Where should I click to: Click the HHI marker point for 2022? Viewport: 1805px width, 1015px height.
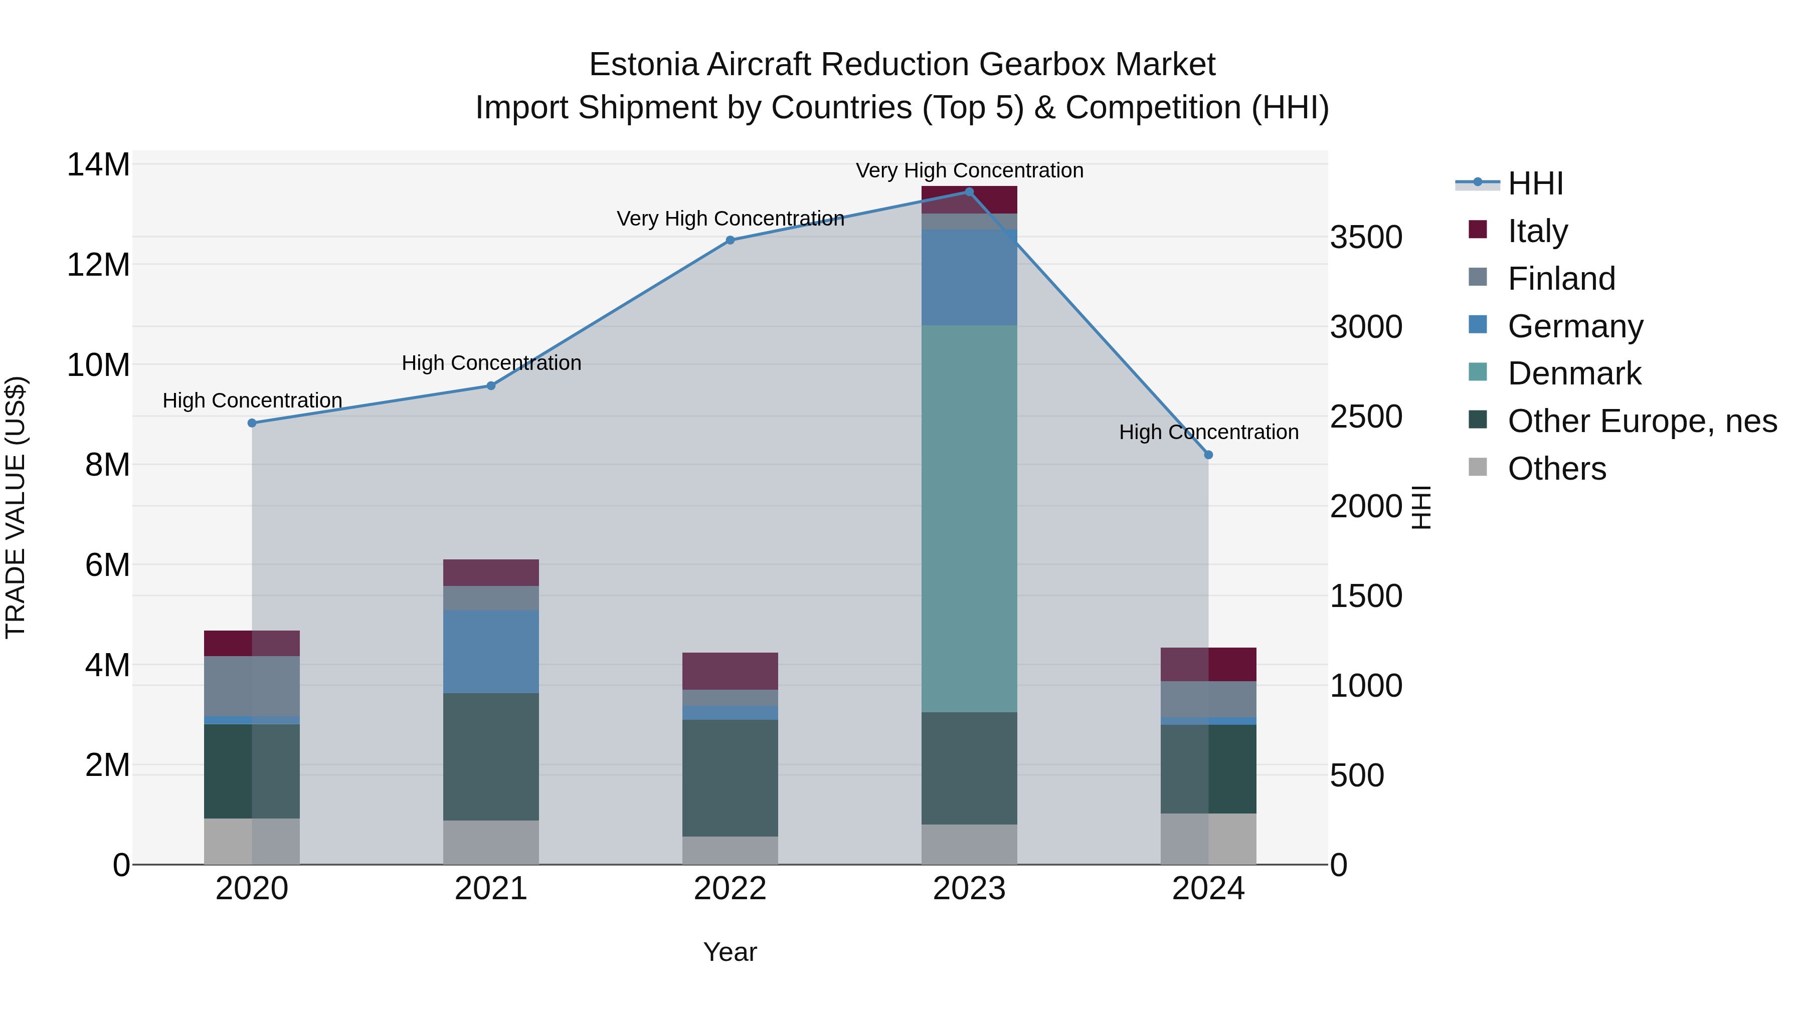tap(730, 240)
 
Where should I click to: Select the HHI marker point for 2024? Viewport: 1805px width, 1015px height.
tap(1208, 455)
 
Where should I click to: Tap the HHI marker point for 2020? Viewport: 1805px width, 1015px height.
tap(252, 423)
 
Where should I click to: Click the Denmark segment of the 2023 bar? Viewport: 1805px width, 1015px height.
tap(969, 518)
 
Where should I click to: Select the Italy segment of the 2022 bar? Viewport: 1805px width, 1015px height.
tap(730, 671)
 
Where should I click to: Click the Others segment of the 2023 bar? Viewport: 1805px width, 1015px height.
tap(969, 844)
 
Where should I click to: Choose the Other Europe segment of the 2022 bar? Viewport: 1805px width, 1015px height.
tap(730, 777)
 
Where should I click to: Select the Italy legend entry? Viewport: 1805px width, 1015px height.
tap(1537, 231)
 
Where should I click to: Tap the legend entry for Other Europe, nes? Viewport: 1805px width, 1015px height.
tap(1642, 421)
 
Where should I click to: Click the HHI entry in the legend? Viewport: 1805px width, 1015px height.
tap(1535, 183)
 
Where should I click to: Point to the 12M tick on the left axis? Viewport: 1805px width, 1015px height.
tap(98, 265)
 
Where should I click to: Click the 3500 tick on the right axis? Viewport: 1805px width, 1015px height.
tap(1366, 238)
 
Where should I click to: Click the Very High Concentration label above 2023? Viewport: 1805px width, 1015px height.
tap(969, 170)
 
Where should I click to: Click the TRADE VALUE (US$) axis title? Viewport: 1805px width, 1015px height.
tap(16, 507)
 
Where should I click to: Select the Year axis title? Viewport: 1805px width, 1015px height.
tap(730, 952)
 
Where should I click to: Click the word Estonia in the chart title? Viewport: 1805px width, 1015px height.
tap(643, 65)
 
